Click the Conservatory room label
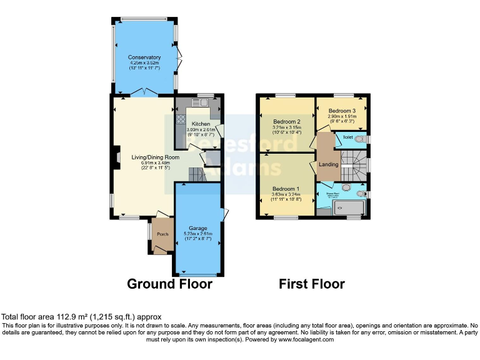click(x=145, y=57)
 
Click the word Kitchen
click(x=201, y=124)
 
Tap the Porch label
click(x=162, y=234)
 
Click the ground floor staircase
click(x=196, y=174)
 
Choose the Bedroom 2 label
click(x=286, y=122)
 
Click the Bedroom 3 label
click(x=342, y=110)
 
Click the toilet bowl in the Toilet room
click(x=359, y=139)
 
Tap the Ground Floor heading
click(x=169, y=284)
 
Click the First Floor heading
click(x=311, y=284)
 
